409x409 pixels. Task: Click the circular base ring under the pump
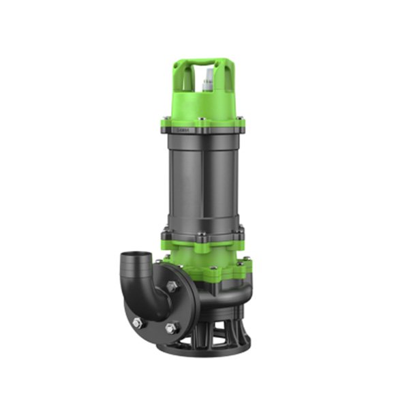pos(204,351)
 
